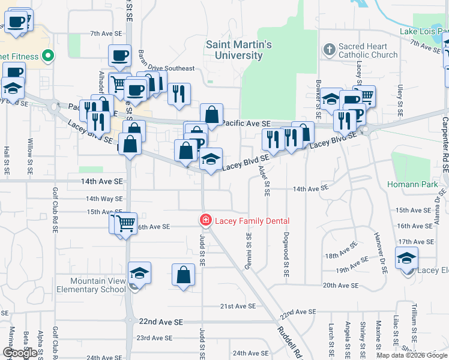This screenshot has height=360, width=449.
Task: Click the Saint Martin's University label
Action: tap(239, 50)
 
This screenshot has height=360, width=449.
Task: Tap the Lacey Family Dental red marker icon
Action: tap(205, 221)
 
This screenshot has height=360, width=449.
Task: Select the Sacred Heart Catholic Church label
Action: tap(367, 50)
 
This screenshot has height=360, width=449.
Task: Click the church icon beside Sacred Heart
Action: tap(329, 50)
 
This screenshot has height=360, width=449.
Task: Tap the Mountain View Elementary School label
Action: tap(89, 285)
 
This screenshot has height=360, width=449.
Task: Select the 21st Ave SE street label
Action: tap(238, 306)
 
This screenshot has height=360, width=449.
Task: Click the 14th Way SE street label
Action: tap(104, 199)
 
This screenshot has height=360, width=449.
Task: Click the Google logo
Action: tap(20, 353)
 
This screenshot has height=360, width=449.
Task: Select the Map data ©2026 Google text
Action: tap(411, 355)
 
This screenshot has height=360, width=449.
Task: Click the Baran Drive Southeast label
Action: tap(167, 68)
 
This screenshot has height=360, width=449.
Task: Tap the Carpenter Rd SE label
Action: tap(445, 144)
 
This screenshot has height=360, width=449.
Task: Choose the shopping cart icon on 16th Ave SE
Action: tap(125, 223)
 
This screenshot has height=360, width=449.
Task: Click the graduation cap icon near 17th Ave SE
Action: tap(407, 259)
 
